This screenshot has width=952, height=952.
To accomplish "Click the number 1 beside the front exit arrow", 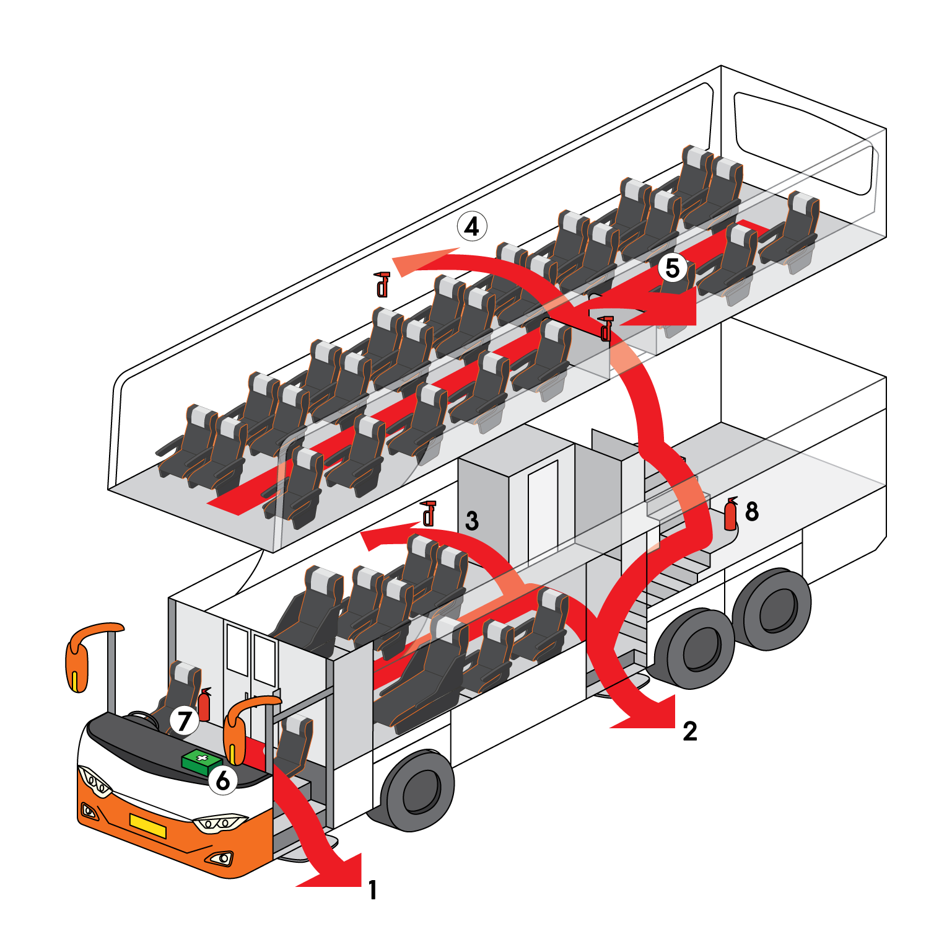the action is pos(372,890).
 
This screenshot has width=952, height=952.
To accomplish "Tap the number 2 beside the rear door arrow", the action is pos(690,731).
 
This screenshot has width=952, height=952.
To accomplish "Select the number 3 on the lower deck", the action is pos(472,521).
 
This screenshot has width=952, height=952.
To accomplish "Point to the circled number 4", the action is pos(472,227).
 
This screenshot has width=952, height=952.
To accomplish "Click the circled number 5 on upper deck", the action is pos(673,268).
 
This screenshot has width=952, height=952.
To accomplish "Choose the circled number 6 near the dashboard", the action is pos(223,780).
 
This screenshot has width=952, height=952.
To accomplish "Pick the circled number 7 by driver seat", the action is pos(184,721).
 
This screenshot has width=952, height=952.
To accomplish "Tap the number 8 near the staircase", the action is pos(752,511).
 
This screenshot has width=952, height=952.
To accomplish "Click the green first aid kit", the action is pos(202,762).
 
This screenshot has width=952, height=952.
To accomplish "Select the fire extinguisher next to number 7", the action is pos(204,705).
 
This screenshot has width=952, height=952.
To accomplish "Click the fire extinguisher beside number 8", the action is pos(731,514).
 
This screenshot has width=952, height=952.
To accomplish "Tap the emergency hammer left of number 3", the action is pos(428,513).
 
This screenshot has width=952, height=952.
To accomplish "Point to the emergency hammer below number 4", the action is pos(382,284).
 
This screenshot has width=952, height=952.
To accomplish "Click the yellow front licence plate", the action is pos(148,826).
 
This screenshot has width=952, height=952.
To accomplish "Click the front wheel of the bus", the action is pos(417,790).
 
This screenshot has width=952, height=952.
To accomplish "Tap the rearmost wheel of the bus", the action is pos(772,609).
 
